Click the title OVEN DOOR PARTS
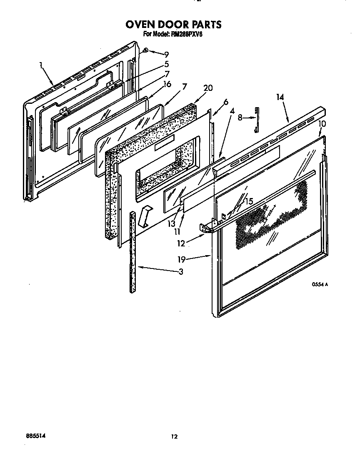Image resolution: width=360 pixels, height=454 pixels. [x=174, y=25]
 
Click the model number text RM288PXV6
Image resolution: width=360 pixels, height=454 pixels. [x=185, y=35]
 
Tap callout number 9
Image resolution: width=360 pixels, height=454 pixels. [x=166, y=54]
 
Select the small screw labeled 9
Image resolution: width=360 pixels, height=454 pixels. [x=146, y=50]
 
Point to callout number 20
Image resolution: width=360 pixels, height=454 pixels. [x=208, y=88]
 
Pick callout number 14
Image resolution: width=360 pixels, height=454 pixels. [x=280, y=97]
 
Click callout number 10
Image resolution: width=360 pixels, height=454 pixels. [x=322, y=124]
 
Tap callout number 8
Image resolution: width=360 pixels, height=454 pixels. [x=240, y=118]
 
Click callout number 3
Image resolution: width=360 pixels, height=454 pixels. [x=181, y=272]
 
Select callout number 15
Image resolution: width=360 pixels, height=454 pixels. [x=249, y=201]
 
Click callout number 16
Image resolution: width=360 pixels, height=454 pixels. [x=166, y=84]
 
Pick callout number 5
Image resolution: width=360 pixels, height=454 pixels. [x=166, y=64]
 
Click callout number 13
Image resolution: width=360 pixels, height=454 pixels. [x=172, y=224]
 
